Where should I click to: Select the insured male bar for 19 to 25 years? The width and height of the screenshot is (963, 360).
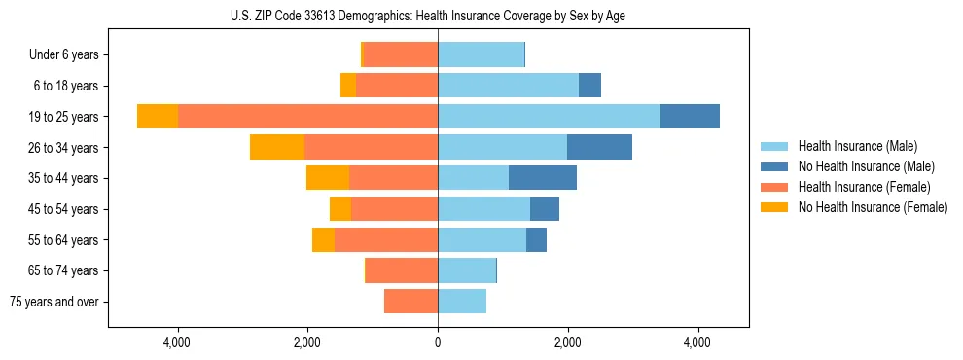(549, 117)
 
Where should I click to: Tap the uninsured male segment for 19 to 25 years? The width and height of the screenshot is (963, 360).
(690, 117)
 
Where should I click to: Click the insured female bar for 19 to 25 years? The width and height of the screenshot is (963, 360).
(307, 117)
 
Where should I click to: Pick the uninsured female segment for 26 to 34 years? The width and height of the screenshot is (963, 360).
(277, 147)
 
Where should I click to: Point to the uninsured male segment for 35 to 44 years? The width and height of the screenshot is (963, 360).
(543, 178)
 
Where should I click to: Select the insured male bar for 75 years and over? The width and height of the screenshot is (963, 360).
(462, 302)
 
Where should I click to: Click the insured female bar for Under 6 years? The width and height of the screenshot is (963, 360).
(400, 55)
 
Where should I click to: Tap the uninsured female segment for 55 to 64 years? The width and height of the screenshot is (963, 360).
(323, 239)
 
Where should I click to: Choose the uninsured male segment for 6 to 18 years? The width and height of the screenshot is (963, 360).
(589, 86)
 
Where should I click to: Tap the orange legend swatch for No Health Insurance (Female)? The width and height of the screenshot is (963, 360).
(774, 207)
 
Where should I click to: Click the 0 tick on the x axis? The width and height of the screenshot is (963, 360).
(438, 342)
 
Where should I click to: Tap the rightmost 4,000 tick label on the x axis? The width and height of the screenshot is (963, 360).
(697, 342)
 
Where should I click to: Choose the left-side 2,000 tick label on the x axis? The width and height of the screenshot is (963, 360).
(307, 342)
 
